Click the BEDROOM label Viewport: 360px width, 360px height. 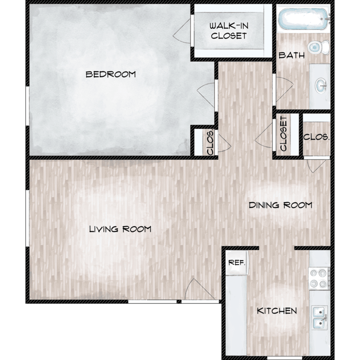pyautogui.click(x=111, y=74)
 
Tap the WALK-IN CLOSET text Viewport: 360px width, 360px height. pyautogui.click(x=228, y=31)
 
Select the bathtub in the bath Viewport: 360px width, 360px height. pyautogui.click(x=303, y=19)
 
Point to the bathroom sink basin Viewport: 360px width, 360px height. pyautogui.click(x=321, y=85)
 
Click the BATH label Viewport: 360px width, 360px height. pyautogui.click(x=291, y=55)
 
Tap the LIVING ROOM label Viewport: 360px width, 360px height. pyautogui.click(x=120, y=229)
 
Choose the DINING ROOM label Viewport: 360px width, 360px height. pyautogui.click(x=281, y=205)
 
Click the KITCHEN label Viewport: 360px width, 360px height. pyautogui.click(x=277, y=311)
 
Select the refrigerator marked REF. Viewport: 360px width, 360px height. pyautogui.click(x=237, y=263)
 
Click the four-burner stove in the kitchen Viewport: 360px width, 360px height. pyautogui.click(x=319, y=278)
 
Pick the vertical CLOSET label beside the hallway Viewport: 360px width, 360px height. pyautogui.click(x=284, y=133)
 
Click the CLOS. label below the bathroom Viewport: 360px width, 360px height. pyautogui.click(x=316, y=137)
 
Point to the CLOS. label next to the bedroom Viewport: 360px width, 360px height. pyautogui.click(x=210, y=143)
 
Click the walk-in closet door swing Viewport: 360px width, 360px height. pyautogui.click(x=182, y=31)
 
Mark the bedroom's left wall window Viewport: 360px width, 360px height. pyautogui.click(x=27, y=106)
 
